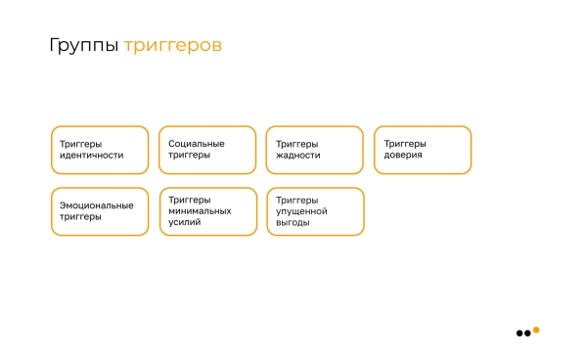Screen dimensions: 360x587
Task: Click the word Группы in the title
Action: click(x=84, y=46)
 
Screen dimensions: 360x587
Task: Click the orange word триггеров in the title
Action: click(x=172, y=46)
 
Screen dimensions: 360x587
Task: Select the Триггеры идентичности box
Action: click(x=100, y=150)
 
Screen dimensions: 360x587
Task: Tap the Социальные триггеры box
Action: click(x=207, y=150)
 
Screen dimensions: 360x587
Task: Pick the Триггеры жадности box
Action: click(x=315, y=150)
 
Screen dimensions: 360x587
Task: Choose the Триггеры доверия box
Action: click(x=423, y=150)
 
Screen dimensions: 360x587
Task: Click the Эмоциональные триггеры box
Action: click(x=100, y=211)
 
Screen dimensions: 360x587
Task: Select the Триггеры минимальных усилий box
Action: click(x=207, y=211)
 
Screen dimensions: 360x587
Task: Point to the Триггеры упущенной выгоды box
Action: click(x=315, y=211)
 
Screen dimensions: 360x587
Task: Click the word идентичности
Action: click(x=92, y=156)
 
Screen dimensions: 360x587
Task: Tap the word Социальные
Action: click(x=197, y=144)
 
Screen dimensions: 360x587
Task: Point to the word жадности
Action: click(x=298, y=156)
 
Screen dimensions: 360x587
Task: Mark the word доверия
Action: click(x=404, y=156)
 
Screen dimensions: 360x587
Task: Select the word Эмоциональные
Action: click(x=97, y=205)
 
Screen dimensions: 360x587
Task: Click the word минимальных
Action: click(x=201, y=210)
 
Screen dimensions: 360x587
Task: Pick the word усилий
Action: click(x=185, y=222)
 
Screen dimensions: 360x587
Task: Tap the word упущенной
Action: click(x=302, y=210)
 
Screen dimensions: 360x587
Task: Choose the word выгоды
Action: click(x=293, y=222)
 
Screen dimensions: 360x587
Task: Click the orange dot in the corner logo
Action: click(x=536, y=329)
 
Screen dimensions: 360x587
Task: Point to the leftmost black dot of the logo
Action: click(x=519, y=334)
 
